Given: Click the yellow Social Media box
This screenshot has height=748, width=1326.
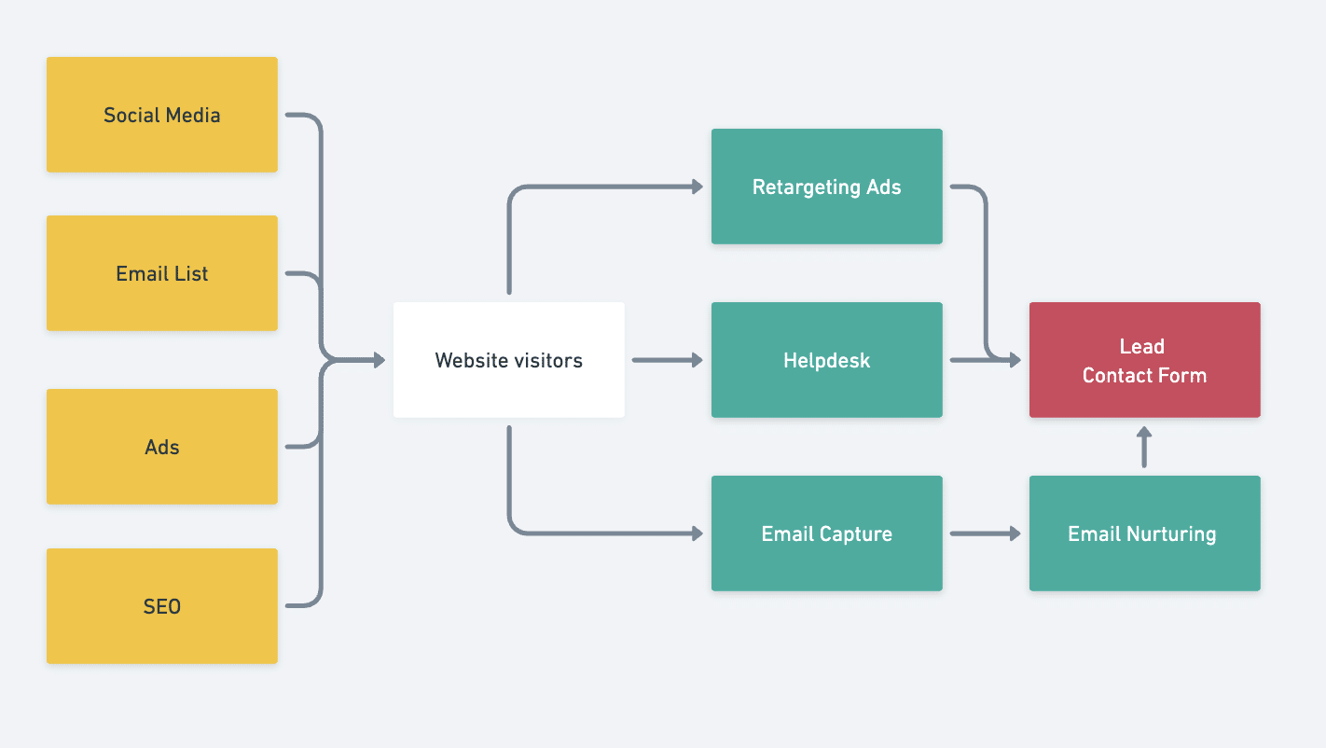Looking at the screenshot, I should point(161,115).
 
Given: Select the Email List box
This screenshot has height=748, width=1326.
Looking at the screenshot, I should point(161,273).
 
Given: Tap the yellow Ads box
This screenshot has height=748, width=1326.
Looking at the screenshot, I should point(161,447).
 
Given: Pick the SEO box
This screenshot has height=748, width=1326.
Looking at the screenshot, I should point(161,606).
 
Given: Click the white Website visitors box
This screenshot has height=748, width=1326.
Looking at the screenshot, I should point(508,360).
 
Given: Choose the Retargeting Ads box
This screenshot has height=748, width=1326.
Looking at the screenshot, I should point(826,187).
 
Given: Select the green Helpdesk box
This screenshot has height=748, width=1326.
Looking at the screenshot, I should point(826,360).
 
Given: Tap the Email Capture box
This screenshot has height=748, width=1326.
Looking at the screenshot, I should point(826,533).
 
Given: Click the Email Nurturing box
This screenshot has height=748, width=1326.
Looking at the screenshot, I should point(1144,533).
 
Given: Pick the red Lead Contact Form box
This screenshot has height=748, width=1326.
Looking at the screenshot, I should point(1144,360).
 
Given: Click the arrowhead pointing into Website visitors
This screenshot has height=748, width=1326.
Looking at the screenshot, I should point(379,360).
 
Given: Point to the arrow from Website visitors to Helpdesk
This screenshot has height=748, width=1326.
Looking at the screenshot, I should point(667,360).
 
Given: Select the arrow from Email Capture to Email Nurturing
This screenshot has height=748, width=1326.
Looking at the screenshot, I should point(985,533).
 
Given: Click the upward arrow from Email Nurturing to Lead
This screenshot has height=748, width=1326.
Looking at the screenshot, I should point(1144,447).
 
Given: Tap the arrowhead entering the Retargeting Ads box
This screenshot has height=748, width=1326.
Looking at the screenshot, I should point(697,187).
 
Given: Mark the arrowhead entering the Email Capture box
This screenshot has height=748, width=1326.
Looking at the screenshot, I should point(697,533).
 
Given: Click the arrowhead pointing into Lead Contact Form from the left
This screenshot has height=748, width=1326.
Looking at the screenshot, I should point(1015,360).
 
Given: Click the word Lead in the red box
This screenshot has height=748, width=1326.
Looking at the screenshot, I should point(1141,346).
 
